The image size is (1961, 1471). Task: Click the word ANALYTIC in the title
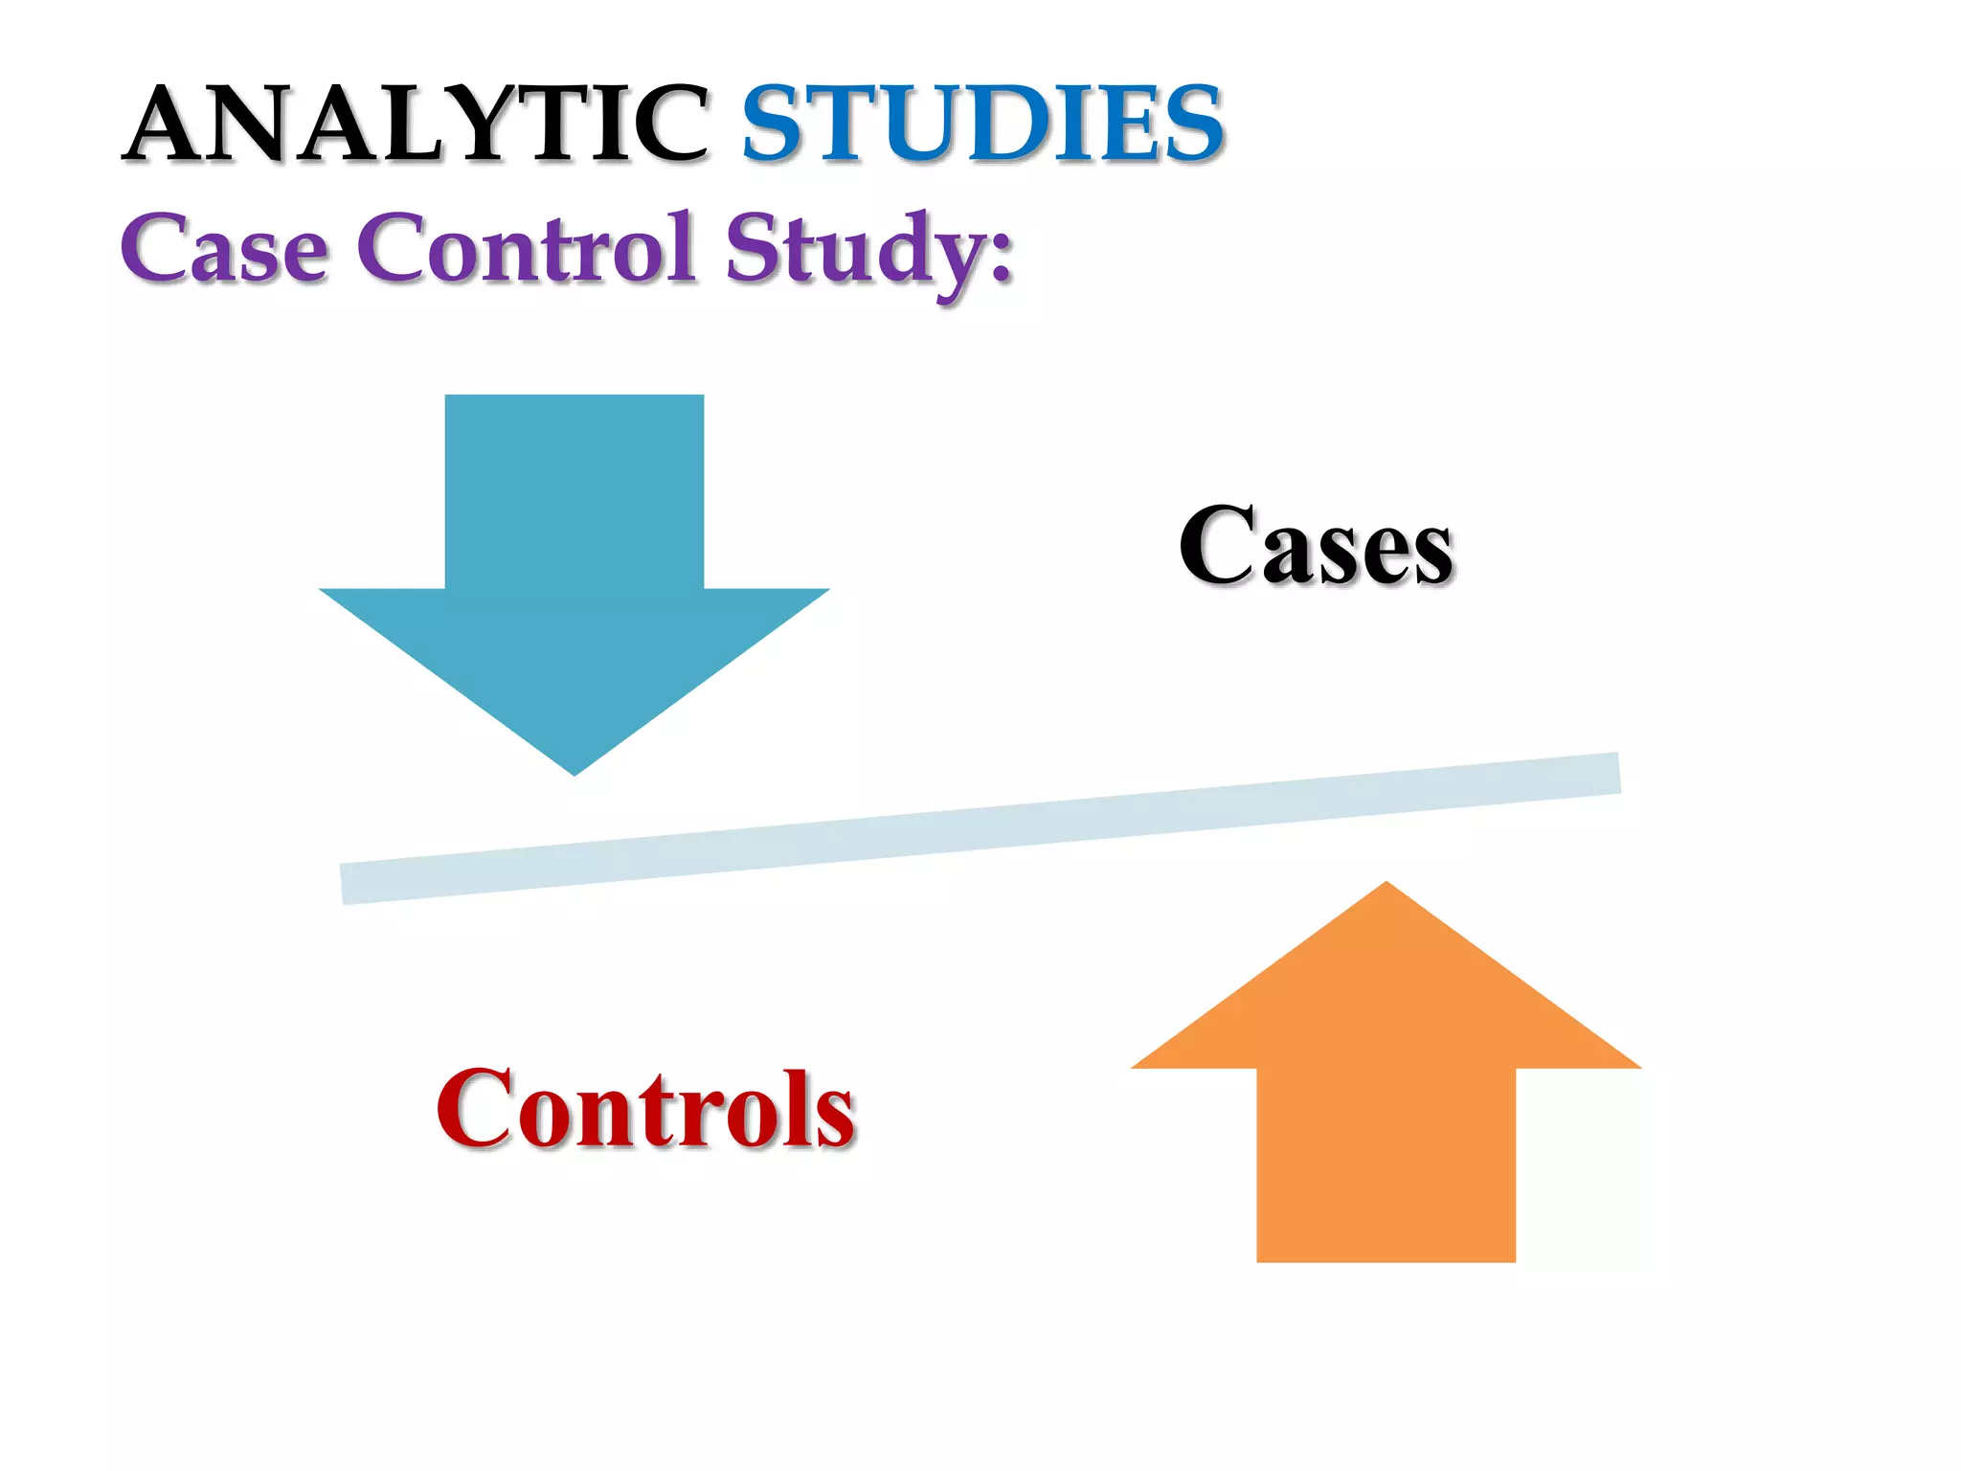click(417, 124)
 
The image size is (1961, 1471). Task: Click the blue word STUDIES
click(982, 124)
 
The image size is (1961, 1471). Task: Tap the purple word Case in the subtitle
click(224, 249)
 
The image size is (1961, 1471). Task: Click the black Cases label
click(1316, 546)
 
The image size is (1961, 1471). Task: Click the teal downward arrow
click(575, 594)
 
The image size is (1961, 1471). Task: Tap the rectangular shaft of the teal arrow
click(575, 488)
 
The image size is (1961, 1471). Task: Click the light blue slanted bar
click(980, 828)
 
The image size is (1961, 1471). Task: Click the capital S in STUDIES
click(776, 124)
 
